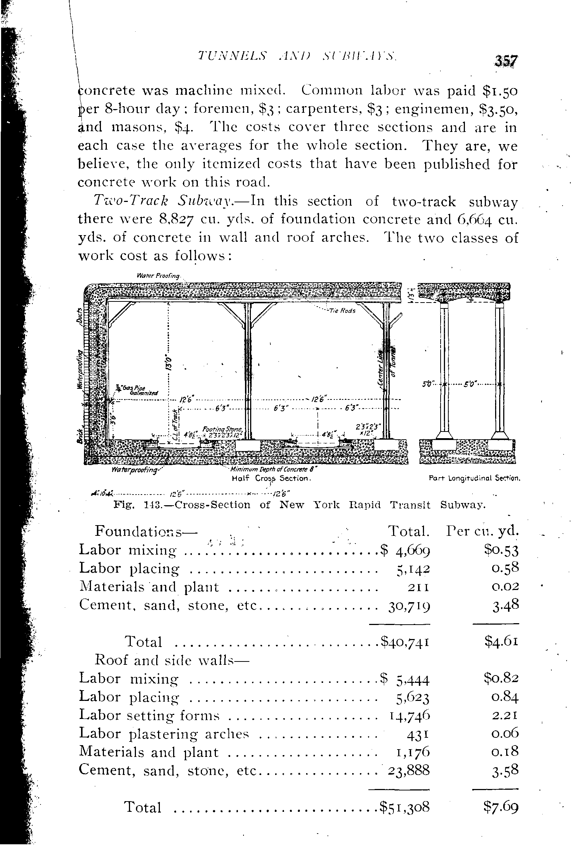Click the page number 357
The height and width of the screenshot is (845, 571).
507,60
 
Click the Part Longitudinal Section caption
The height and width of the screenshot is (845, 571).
474,479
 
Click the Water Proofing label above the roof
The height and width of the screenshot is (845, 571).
158,275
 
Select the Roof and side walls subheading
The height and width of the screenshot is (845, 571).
172,660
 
